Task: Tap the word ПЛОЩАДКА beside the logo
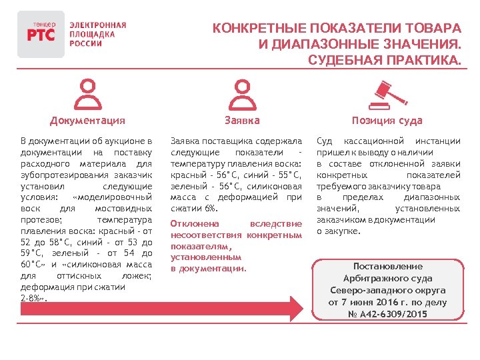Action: click(x=92, y=34)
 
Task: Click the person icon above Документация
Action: click(x=87, y=95)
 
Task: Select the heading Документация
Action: click(x=87, y=121)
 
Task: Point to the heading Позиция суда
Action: click(x=387, y=121)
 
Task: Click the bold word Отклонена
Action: click(x=193, y=224)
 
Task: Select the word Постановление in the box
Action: click(x=387, y=266)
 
